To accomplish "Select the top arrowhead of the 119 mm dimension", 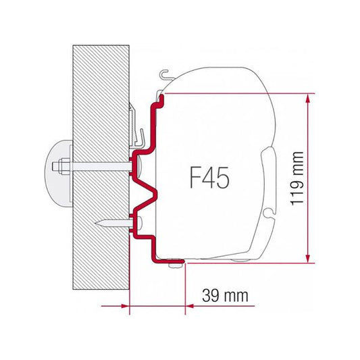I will coord(309,98).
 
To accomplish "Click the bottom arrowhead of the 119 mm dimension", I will coord(309,257).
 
